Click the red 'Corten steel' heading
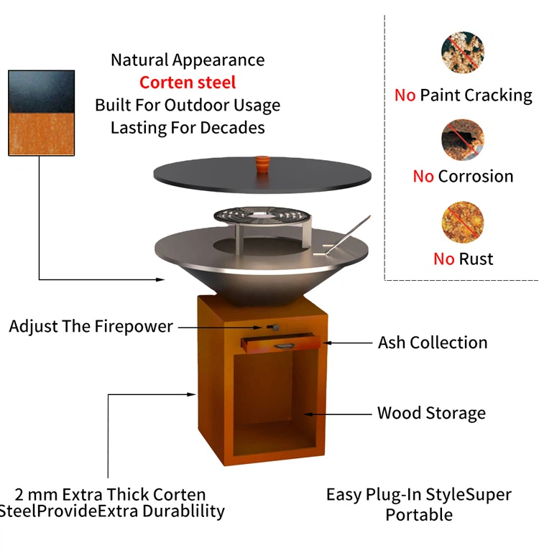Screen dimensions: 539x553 [x=188, y=83]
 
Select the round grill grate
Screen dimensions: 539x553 [x=262, y=216]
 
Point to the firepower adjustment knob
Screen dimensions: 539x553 [x=273, y=327]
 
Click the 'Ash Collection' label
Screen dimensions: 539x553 [x=433, y=343]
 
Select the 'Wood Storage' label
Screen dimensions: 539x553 [x=431, y=413]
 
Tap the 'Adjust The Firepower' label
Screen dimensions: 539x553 [x=91, y=326]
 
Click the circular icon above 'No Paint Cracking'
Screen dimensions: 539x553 [x=462, y=52]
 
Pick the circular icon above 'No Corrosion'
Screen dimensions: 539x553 [x=463, y=140]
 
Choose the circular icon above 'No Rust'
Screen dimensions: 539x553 [x=462, y=222]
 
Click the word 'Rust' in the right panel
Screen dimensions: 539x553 [x=476, y=259]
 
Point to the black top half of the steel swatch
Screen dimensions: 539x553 [x=41, y=92]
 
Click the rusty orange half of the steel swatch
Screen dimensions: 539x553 [x=41, y=134]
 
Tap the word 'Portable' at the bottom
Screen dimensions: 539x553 [x=419, y=514]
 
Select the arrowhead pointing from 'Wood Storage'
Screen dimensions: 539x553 [x=308, y=414]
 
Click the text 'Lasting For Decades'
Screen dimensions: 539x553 [x=188, y=128]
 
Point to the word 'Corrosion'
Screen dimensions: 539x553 [x=476, y=176]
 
